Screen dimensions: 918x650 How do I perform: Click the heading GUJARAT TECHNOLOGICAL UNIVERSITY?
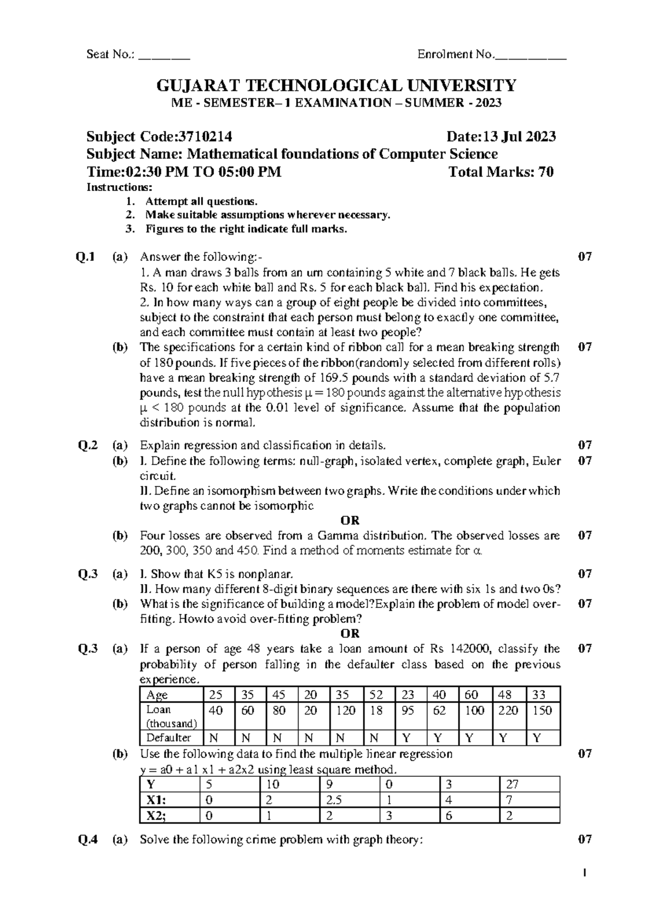coord(336,86)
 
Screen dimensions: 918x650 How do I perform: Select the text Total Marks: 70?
coord(501,172)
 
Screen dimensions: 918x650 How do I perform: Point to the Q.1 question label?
coord(86,257)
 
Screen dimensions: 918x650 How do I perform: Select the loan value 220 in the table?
coord(508,710)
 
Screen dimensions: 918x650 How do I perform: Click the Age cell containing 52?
coord(376,694)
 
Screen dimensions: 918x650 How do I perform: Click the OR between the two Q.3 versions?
coord(350,633)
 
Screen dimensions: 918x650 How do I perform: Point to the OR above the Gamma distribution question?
coord(350,520)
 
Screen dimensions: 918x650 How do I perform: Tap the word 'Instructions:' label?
coord(120,187)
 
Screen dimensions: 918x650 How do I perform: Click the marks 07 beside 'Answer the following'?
coord(584,257)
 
